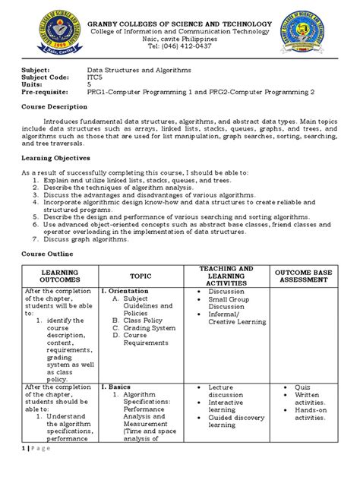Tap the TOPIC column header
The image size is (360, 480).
[x=141, y=276]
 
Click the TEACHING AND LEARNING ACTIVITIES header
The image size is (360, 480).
[x=226, y=276]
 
